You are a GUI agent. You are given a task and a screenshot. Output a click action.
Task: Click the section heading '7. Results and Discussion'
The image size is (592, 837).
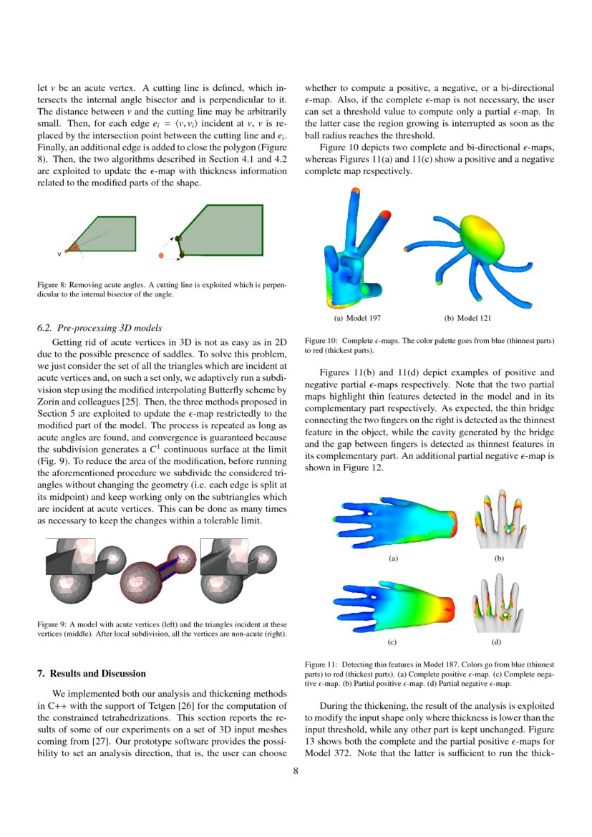[x=91, y=674]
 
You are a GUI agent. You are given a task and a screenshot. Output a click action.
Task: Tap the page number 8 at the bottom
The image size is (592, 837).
[x=296, y=771]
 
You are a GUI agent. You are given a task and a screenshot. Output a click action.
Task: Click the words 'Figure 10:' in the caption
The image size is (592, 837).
[x=321, y=341]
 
